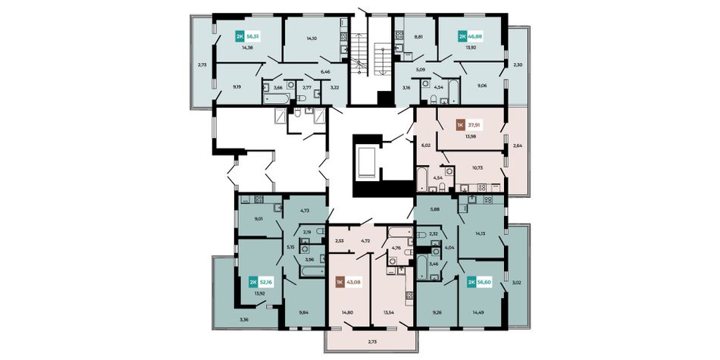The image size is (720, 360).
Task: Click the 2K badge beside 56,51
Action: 239,36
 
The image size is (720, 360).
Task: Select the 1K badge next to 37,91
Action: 459,125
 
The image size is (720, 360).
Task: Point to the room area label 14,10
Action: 311,39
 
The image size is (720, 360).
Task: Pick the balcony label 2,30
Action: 518,64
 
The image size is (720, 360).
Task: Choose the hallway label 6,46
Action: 326,72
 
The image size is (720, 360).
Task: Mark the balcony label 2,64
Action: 518,146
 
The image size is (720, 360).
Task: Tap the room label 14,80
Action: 347,313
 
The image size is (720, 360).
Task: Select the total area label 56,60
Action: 485,282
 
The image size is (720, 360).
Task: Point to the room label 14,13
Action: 481,233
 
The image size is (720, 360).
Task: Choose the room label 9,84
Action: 303,313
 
